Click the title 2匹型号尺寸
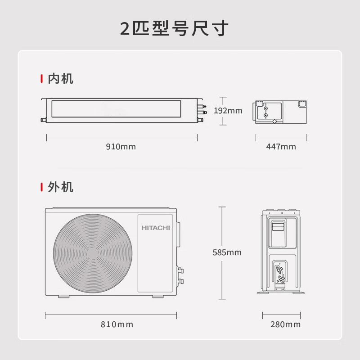pyautogui.click(x=175, y=28)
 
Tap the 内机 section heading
pyautogui.click(x=60, y=79)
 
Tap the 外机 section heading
pyautogui.click(x=60, y=187)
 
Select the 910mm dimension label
pyautogui.click(x=121, y=147)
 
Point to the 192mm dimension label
pyautogui.click(x=228, y=111)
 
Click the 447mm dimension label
pyautogui.click(x=281, y=147)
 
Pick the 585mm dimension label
pyautogui.click(x=227, y=252)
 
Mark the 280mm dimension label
pyautogui.click(x=285, y=324)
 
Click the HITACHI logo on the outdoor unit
pyautogui.click(x=156, y=228)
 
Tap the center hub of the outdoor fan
pyautogui.click(x=93, y=252)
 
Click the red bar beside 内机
pyautogui.click(x=42, y=79)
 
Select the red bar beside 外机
pyautogui.click(x=42, y=187)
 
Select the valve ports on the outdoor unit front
pyautogui.click(x=181, y=276)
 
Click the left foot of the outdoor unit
pyautogui.click(x=62, y=297)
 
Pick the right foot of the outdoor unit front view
pyautogui.click(x=158, y=297)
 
